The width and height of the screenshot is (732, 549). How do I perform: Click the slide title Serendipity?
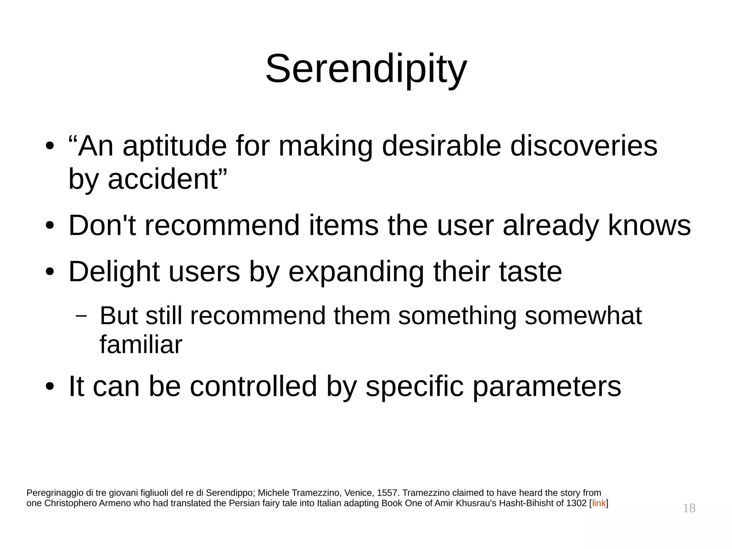[x=366, y=69]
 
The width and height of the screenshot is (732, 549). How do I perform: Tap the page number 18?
[x=689, y=508]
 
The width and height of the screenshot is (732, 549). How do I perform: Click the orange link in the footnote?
[x=599, y=503]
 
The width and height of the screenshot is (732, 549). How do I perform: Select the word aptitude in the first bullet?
[x=174, y=146]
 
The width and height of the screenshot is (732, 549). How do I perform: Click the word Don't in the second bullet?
[x=102, y=225]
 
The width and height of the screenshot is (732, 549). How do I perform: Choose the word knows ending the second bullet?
[x=649, y=225]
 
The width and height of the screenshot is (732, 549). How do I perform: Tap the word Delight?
[x=114, y=272]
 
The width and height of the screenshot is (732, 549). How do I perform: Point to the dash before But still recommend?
[x=81, y=316]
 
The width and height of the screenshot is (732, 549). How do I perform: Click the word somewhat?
[x=583, y=316]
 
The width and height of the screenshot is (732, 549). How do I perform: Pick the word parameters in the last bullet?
[x=547, y=386]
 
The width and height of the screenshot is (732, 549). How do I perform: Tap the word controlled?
[x=253, y=386]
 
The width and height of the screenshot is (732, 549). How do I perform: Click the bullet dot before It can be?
[x=50, y=387]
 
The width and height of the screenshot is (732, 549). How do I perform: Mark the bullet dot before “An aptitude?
[x=50, y=147]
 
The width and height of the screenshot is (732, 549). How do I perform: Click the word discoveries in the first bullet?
[x=583, y=146]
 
